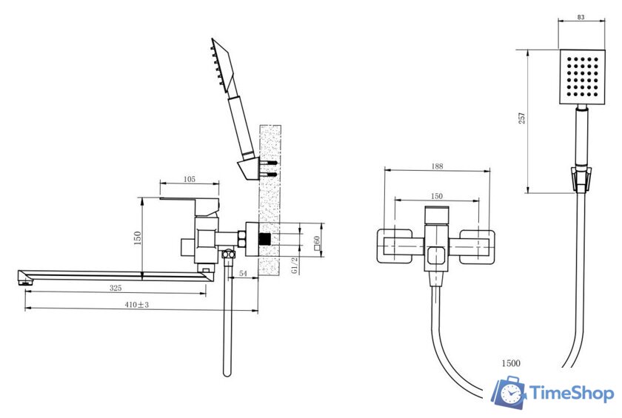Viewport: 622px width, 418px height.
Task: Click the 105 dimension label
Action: coord(190,179)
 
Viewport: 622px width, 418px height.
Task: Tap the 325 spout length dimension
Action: coord(116,288)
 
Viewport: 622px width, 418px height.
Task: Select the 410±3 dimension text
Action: coord(136,305)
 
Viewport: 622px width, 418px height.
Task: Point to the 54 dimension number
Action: coord(243,274)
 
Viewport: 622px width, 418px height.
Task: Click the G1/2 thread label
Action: coord(295,265)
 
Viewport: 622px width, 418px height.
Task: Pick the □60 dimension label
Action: coord(317,243)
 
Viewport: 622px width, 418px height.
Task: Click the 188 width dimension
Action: coord(437,166)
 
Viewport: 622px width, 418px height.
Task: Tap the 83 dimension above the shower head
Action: coord(581,17)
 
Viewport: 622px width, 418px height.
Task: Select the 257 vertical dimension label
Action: coord(522,118)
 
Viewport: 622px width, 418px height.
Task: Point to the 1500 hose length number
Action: coord(511,363)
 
